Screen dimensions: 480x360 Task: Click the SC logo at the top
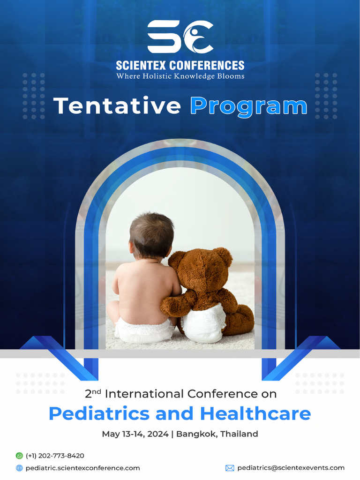coord(180,37)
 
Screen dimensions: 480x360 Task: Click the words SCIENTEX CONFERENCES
coord(180,65)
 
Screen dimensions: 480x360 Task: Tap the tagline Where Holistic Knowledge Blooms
coord(180,76)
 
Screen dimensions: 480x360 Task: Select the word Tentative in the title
coord(117,106)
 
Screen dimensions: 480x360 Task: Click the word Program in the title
coord(248,106)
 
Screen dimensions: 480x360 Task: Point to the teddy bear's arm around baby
coord(178,303)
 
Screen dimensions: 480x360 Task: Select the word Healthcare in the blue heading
coord(255,413)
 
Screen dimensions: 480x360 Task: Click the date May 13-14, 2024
coord(135,434)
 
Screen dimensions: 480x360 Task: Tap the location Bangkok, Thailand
coord(217,434)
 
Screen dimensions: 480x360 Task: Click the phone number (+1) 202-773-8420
coord(55,456)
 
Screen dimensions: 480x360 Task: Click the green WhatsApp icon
coord(19,456)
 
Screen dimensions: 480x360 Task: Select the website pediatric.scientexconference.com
coord(82,468)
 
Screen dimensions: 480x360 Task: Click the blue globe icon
coord(19,468)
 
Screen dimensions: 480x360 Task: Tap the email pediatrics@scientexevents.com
coord(291,468)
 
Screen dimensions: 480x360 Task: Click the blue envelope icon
coord(230,468)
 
